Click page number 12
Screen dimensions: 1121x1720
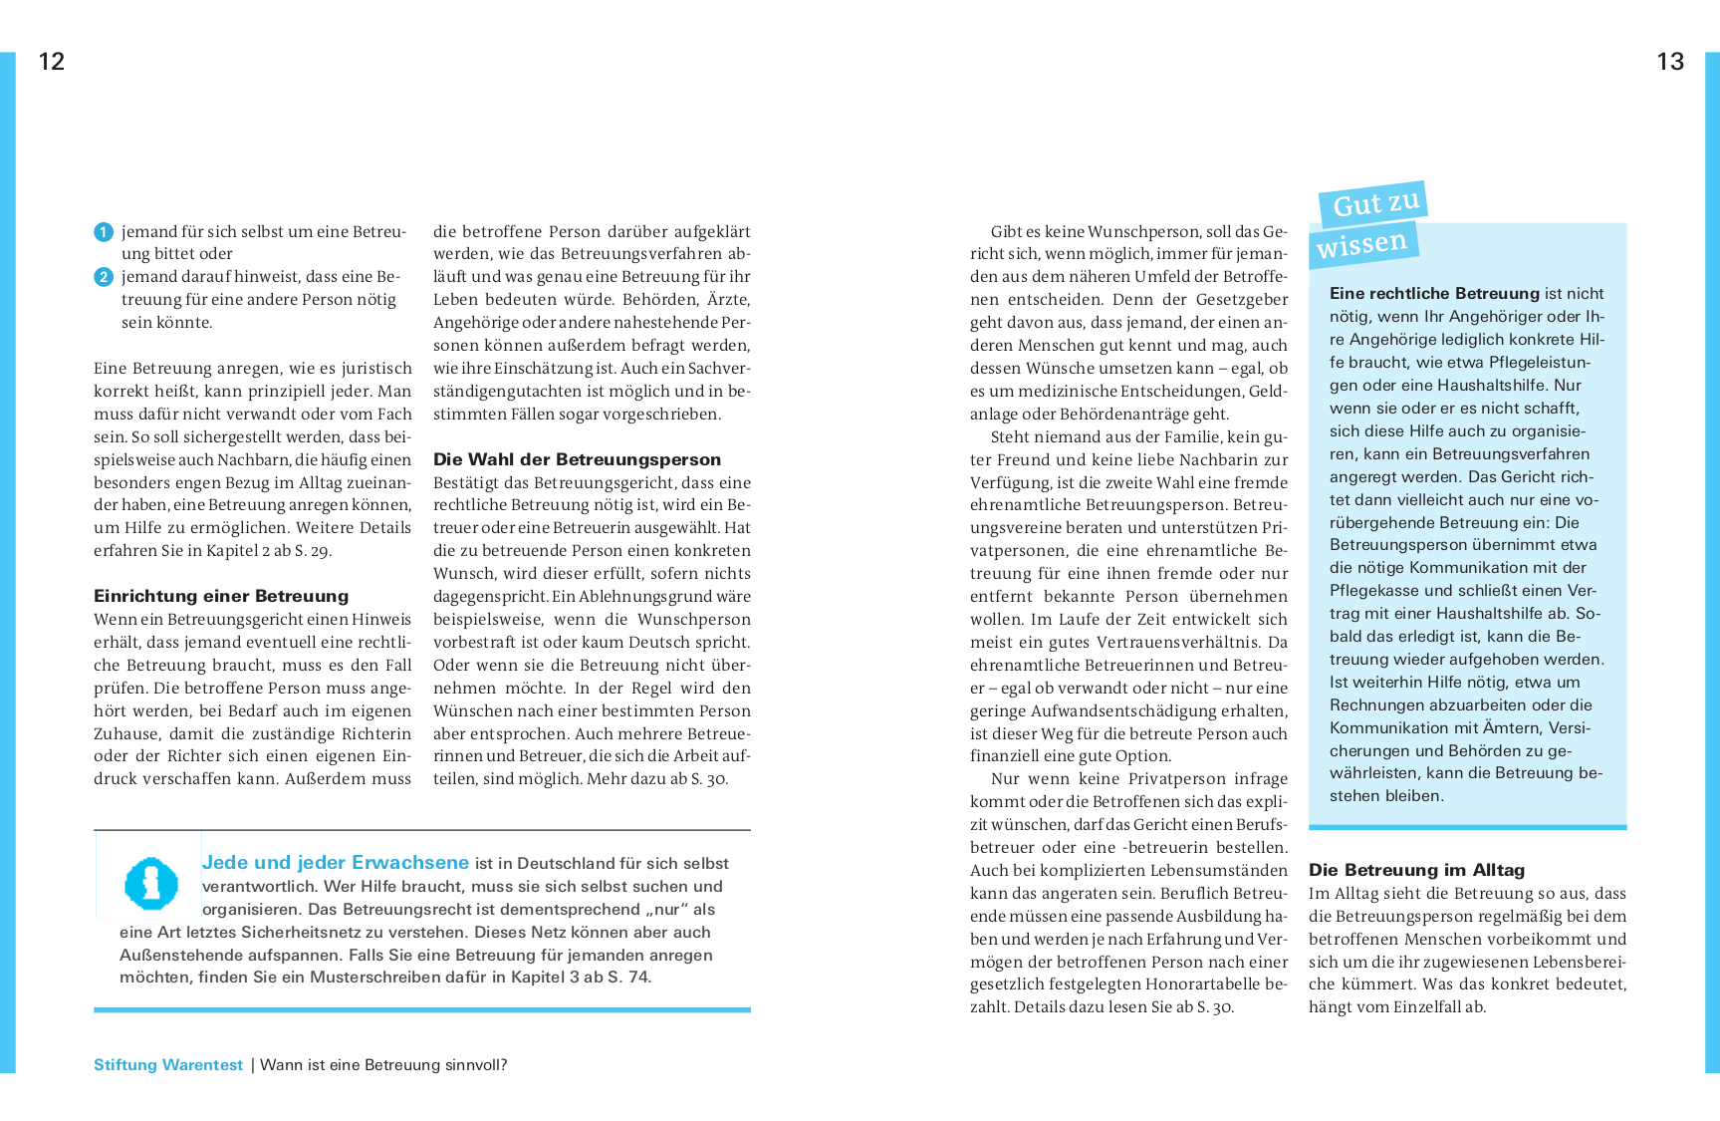pos(52,62)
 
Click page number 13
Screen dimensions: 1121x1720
pos(1670,62)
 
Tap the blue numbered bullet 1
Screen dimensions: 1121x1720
pos(104,232)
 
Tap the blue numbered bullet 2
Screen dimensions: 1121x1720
pos(104,277)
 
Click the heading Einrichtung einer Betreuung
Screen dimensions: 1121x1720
pos(221,596)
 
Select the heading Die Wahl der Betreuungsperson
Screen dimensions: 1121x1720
pos(577,459)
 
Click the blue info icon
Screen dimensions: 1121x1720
pos(150,884)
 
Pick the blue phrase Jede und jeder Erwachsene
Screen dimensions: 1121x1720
pos(335,863)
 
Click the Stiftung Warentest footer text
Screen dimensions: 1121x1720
pos(168,1065)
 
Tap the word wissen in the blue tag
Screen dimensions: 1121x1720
pos(1361,243)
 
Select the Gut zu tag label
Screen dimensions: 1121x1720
pos(1375,203)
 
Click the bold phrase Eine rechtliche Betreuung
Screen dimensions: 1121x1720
pos(1434,294)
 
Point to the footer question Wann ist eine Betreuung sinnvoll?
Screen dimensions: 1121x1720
pos(383,1065)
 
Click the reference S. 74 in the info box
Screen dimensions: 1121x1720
pos(628,978)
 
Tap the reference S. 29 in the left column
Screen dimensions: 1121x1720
pos(314,551)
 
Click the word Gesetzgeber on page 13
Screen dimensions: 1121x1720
pos(1242,300)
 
